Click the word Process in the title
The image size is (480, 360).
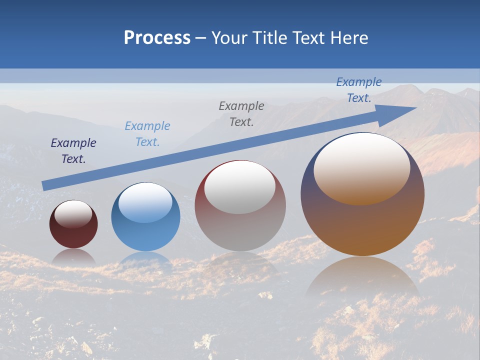(157, 38)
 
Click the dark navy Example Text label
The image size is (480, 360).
(73, 151)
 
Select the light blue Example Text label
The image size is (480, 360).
(147, 134)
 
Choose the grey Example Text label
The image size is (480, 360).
(241, 113)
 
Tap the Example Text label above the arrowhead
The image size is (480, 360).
(359, 90)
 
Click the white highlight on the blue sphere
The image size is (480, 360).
(145, 202)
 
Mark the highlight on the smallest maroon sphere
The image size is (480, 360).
(73, 213)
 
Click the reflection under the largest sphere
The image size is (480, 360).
(362, 278)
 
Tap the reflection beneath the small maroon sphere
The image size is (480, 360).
(73, 256)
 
